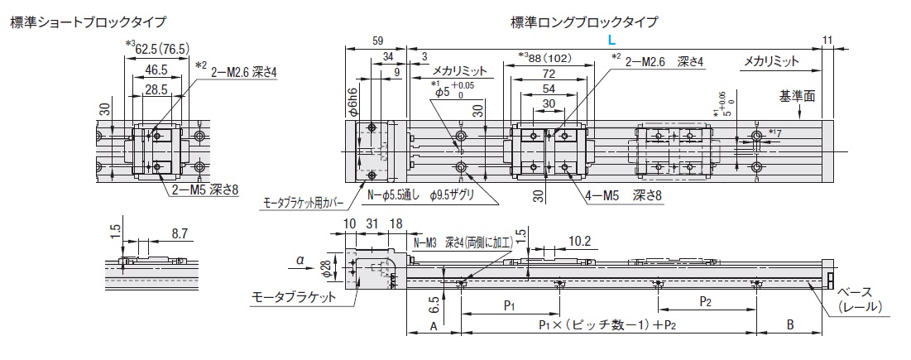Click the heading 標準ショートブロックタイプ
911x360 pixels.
click(x=88, y=22)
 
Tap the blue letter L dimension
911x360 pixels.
click(x=611, y=40)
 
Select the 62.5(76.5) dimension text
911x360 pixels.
click(x=162, y=48)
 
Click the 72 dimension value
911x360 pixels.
click(x=549, y=74)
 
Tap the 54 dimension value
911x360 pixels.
click(x=549, y=89)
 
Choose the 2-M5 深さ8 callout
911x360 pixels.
click(x=204, y=189)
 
